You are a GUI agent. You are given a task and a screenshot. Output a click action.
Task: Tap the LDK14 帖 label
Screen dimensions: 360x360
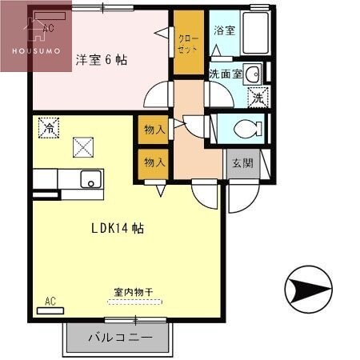[x=117, y=228]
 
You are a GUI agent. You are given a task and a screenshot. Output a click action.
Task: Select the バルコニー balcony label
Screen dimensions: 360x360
[x=119, y=337]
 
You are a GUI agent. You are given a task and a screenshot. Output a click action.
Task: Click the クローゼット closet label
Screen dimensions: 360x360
[x=189, y=42]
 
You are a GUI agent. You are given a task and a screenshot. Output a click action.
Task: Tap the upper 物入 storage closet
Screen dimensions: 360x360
[x=154, y=129]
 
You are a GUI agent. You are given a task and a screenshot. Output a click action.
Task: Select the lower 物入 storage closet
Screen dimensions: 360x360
[x=154, y=162]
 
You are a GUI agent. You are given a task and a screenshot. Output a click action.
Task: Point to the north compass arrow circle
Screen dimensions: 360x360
[x=308, y=289]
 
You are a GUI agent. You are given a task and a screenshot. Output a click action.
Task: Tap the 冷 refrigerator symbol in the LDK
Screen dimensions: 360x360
[x=48, y=127]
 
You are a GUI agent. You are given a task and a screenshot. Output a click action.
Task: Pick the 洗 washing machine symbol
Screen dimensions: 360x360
[x=258, y=98]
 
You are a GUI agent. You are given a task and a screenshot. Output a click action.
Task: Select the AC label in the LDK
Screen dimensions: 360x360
[x=50, y=301]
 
